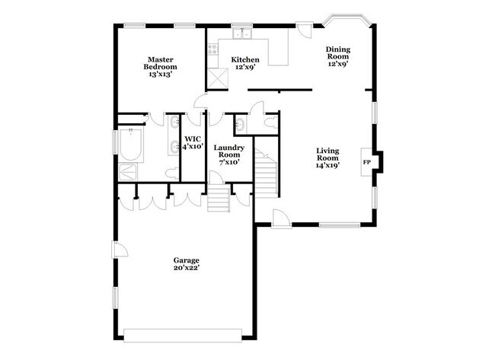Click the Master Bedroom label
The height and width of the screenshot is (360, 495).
pos(161,67)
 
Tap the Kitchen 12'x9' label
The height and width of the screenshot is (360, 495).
pos(245,63)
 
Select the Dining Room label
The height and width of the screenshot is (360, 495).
pos(338,56)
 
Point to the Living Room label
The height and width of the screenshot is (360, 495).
pos(327,158)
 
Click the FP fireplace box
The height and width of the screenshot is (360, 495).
pos(367,162)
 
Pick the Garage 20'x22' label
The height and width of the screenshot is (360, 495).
pos(187,264)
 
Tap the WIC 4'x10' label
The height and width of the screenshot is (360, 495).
pos(193,142)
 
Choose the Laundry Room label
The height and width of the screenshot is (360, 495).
pos(229,155)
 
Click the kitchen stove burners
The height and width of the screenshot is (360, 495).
pos(212,49)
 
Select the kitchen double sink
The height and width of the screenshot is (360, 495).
pos(242,33)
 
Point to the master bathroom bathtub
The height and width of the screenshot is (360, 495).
pos(131,145)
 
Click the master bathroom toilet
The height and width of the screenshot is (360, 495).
pos(172,174)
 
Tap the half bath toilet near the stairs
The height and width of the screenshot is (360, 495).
pos(271,123)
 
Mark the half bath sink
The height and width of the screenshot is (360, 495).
pos(240,123)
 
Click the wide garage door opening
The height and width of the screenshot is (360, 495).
pos(183,336)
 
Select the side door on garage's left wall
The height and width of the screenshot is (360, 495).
pos(120,249)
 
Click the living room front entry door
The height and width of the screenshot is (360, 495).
pos(281,218)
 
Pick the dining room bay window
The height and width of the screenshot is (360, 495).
pos(346,20)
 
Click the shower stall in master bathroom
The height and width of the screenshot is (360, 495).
pos(128,172)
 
